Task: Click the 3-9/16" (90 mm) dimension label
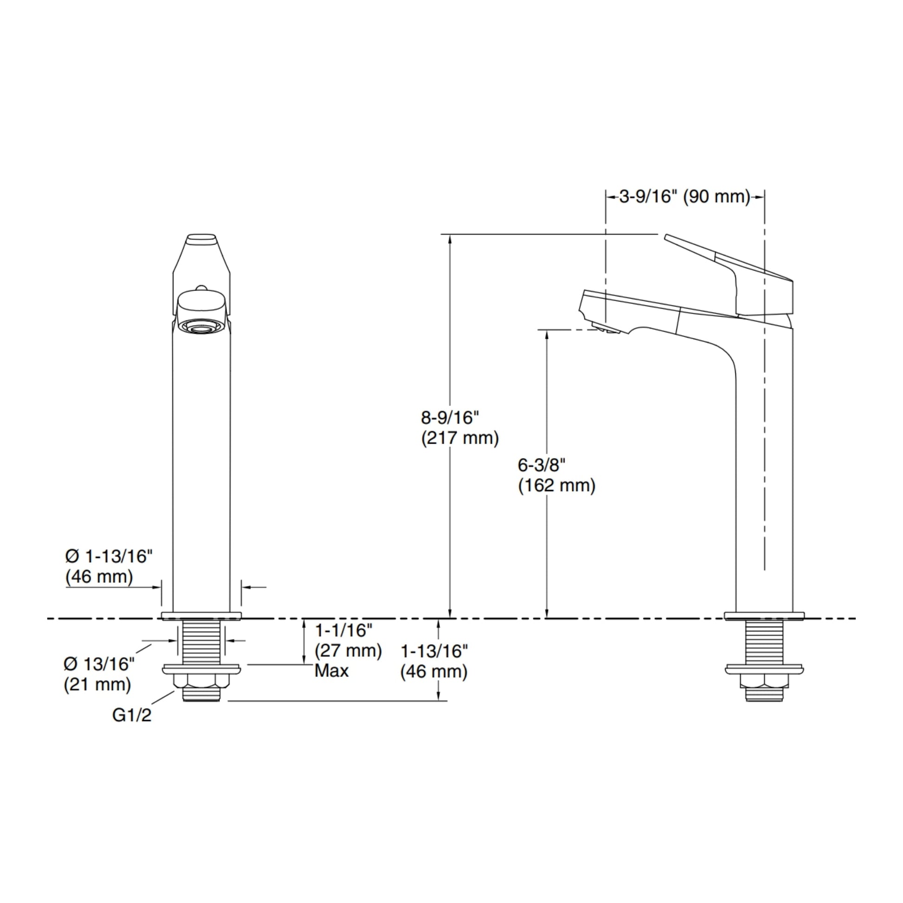[685, 197]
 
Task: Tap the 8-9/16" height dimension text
[451, 417]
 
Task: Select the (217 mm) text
[460, 439]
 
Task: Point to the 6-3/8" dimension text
[542, 465]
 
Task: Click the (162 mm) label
[557, 486]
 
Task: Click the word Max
[331, 671]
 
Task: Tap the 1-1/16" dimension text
[343, 631]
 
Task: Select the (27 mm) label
[348, 651]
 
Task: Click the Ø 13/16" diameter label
[99, 664]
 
